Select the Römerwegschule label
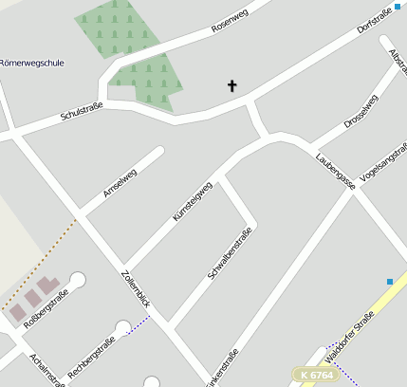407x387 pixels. (x=32, y=64)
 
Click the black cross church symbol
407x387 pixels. (x=232, y=86)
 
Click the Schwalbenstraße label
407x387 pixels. (x=230, y=254)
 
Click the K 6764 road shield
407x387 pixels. (x=316, y=376)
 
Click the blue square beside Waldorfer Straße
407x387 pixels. (x=390, y=281)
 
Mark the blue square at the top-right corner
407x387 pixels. (x=397, y=7)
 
